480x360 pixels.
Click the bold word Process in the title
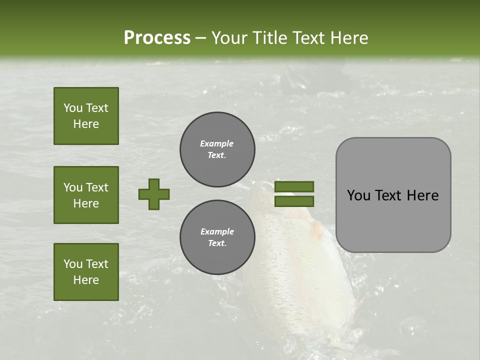[x=157, y=38]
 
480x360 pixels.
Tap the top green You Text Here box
[x=86, y=116]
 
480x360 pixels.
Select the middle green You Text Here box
[x=86, y=195]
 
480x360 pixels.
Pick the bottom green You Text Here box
[x=86, y=271]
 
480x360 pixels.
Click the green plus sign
[x=154, y=194]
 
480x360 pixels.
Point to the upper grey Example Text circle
[x=217, y=149]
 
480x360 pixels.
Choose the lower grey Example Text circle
[x=217, y=237]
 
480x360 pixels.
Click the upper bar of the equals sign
[x=294, y=186]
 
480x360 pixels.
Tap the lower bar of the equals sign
[x=294, y=201]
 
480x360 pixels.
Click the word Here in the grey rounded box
[x=422, y=195]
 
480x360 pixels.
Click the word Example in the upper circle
[x=217, y=143]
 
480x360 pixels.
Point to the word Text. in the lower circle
[x=217, y=243]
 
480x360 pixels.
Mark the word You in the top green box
[x=73, y=108]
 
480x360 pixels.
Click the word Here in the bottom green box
[x=86, y=280]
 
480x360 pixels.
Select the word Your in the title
[x=228, y=38]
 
